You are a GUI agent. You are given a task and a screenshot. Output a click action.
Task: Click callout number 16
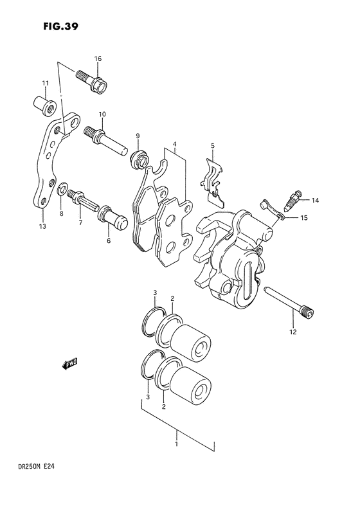point(98,59)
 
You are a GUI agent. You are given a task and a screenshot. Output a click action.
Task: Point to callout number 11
point(45,84)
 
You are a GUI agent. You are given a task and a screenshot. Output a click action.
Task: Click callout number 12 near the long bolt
point(292,332)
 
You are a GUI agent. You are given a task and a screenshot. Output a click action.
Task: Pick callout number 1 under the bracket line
point(177,442)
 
